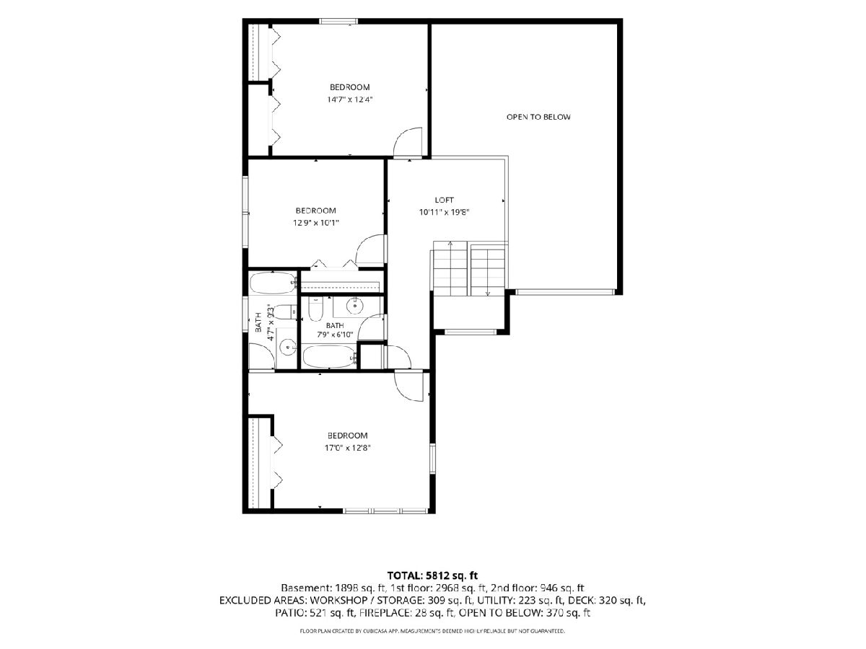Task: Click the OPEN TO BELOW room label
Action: click(x=538, y=117)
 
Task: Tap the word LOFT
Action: click(x=445, y=200)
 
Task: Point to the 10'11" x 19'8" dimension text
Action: click(x=444, y=213)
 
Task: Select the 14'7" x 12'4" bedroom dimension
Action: click(x=349, y=100)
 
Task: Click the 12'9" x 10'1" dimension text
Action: click(x=315, y=223)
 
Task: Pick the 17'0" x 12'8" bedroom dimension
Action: click(x=347, y=448)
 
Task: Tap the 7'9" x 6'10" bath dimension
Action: click(x=335, y=335)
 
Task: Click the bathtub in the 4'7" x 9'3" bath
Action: click(x=273, y=283)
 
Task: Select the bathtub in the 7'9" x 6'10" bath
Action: click(x=330, y=357)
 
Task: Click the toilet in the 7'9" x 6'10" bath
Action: click(x=315, y=309)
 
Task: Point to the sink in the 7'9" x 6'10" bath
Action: click(x=354, y=305)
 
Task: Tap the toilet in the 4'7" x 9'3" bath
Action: click(x=285, y=312)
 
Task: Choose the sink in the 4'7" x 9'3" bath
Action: click(x=287, y=348)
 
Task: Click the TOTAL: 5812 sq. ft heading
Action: click(x=432, y=575)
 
